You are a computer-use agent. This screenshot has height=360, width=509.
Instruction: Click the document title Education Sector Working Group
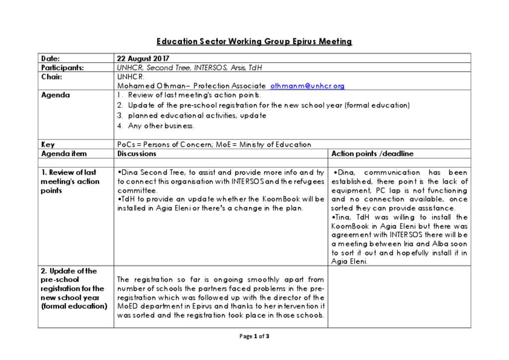(x=254, y=42)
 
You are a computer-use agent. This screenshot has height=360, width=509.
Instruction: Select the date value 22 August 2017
(x=143, y=59)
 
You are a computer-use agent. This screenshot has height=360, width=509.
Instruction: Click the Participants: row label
(x=62, y=68)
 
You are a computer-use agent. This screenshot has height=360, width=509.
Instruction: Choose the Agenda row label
(x=55, y=95)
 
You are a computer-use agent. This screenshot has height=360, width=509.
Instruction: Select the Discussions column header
(x=137, y=154)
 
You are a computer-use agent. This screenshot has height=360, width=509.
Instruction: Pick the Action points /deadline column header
(x=372, y=154)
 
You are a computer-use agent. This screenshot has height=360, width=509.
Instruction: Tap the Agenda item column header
(x=64, y=154)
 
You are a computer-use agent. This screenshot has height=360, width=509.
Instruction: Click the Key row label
(x=48, y=145)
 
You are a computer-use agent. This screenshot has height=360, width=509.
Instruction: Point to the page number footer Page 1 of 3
(x=254, y=336)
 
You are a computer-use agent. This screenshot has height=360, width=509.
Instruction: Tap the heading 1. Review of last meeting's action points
(x=70, y=181)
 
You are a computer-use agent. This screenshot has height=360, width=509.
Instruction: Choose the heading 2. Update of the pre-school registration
(x=73, y=288)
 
